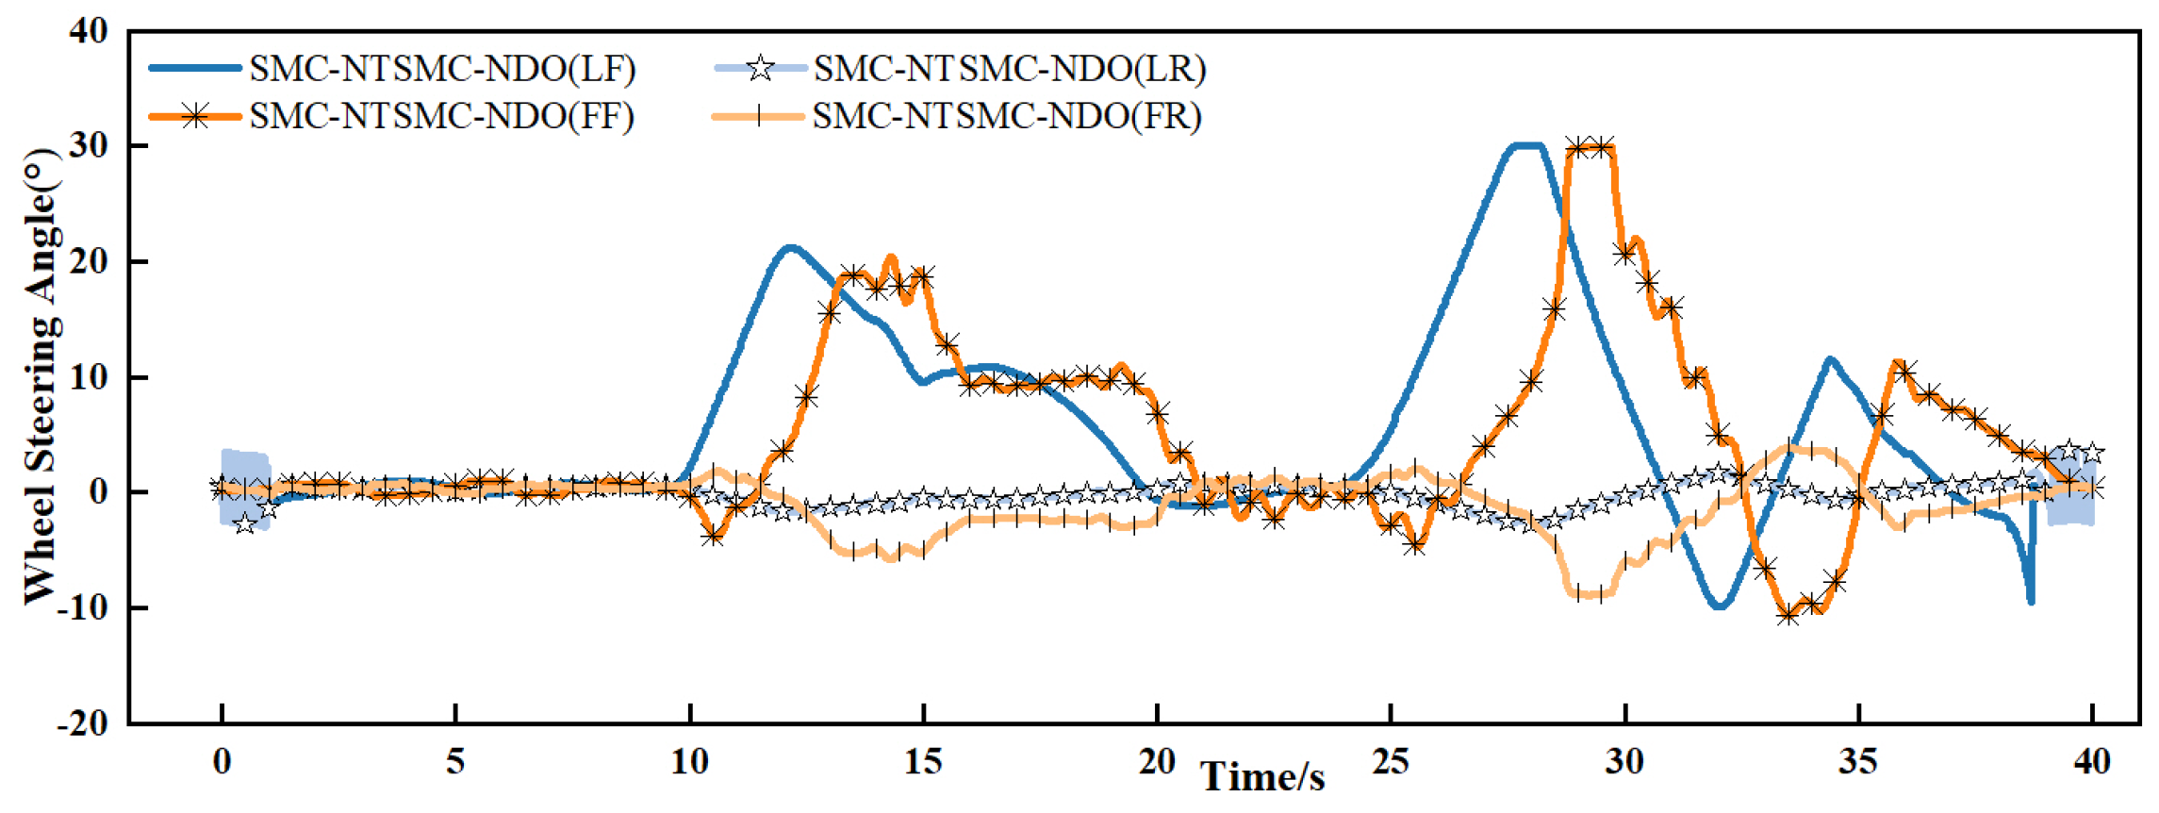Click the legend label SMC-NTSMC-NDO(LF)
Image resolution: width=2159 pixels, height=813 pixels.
[x=442, y=69]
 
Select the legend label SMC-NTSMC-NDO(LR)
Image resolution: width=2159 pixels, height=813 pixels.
[x=1010, y=69]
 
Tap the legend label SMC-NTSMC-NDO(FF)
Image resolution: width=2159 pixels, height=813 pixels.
[x=441, y=116]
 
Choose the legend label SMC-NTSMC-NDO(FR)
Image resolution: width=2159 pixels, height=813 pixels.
[x=1007, y=116]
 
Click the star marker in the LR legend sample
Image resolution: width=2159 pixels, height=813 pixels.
[x=760, y=68]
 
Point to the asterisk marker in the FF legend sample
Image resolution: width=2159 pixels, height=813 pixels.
[x=195, y=116]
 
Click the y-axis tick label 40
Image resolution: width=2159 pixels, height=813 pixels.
[x=89, y=31]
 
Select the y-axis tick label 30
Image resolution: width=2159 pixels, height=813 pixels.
[x=89, y=145]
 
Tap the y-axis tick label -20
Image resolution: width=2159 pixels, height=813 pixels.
[x=82, y=723]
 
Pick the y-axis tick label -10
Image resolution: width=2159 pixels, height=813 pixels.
[x=82, y=607]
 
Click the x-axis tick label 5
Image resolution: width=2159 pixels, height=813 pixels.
[x=455, y=761]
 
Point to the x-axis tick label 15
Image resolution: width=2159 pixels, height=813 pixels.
[x=923, y=761]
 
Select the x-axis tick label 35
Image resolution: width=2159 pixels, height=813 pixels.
[x=1858, y=761]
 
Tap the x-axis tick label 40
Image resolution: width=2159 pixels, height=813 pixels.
[x=2092, y=761]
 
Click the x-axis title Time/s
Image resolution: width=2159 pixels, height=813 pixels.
[x=1262, y=777]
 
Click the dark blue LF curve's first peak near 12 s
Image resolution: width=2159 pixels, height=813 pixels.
[x=790, y=248]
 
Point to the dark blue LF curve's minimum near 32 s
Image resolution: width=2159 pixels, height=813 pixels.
[x=1720, y=606]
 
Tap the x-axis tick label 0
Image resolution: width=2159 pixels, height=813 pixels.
[x=222, y=761]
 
